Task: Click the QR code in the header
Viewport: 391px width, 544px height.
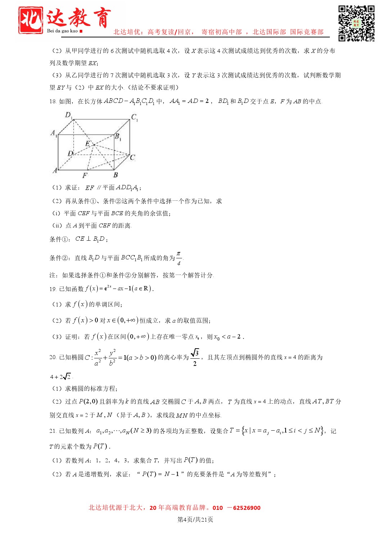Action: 356,23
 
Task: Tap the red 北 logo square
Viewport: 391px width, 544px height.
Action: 31,20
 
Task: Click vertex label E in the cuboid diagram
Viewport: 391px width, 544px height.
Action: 87,144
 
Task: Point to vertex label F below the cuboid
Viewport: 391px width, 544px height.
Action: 85,175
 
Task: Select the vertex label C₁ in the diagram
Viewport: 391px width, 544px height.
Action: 135,117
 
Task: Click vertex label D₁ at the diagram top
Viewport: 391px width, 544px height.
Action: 69,115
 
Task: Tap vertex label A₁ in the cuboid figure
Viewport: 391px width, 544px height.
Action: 54,133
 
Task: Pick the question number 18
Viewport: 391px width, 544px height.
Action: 53,102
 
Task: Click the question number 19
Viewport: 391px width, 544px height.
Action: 53,289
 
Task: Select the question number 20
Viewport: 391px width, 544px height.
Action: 53,358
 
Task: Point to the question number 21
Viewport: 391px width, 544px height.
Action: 53,431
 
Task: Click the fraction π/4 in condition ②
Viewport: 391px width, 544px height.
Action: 179,258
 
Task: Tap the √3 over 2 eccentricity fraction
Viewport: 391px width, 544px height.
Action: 195,357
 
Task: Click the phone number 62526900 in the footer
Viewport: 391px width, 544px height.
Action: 246,508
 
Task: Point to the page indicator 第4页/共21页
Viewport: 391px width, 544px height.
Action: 195,520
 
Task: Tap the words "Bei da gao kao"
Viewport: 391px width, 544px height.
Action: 62,31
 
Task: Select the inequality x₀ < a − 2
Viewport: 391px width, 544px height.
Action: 228,337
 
